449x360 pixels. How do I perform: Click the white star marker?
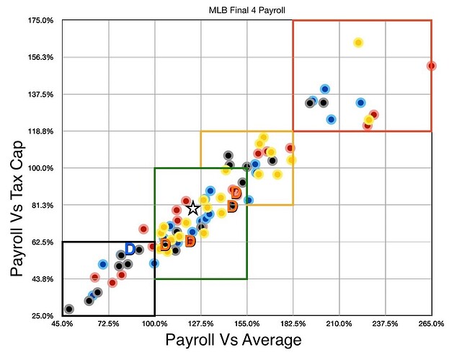[192, 208]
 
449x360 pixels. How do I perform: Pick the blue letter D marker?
[130, 249]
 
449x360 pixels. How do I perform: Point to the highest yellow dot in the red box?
[358, 43]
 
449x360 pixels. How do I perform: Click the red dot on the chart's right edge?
[431, 66]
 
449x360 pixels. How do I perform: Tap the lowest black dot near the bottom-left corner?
[69, 309]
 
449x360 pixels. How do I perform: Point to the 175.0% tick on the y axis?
[42, 20]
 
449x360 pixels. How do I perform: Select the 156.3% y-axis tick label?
[42, 57]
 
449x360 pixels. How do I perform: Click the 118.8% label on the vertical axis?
[42, 131]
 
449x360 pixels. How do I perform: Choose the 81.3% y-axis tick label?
[42, 206]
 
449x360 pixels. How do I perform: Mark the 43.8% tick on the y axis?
[42, 279]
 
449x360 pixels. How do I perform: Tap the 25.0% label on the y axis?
[42, 316]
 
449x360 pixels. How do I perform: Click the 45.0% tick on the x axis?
[62, 324]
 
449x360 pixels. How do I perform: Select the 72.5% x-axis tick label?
[108, 324]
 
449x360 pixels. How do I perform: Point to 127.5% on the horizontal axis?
[200, 324]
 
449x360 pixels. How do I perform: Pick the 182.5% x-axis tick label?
[293, 324]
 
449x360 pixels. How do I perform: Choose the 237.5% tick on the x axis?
[385, 324]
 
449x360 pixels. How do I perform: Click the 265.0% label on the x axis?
[430, 324]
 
